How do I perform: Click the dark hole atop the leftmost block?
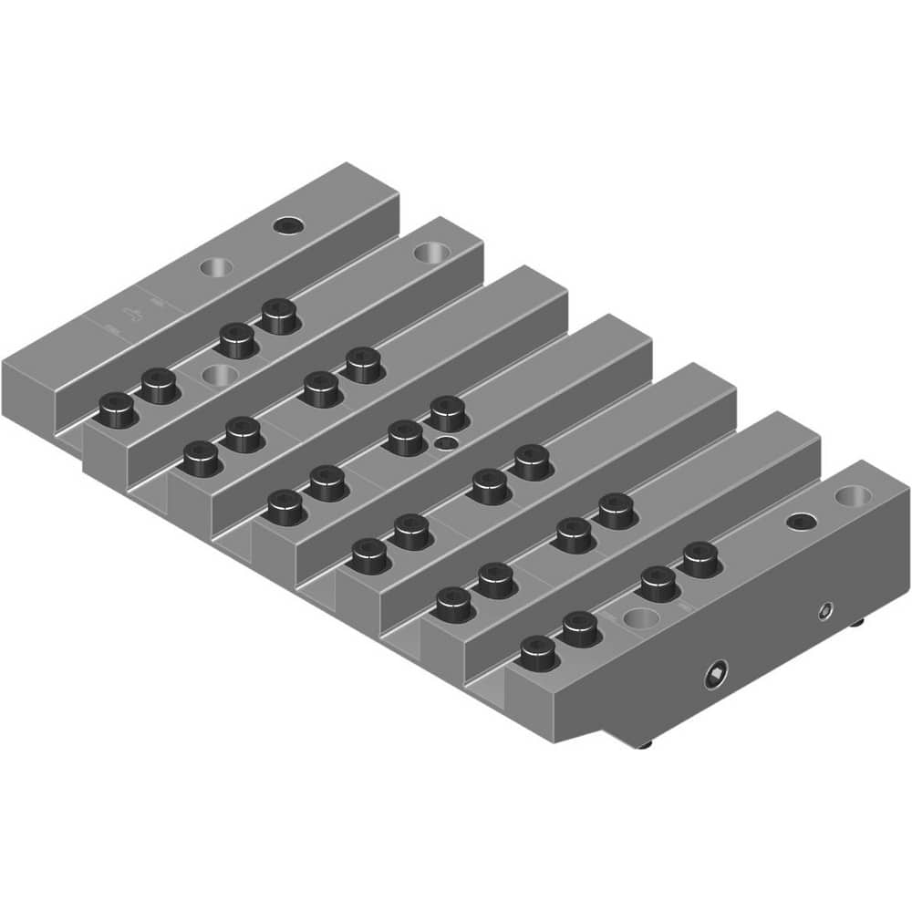289,224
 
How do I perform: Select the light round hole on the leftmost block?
216,266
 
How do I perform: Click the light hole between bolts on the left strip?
215,374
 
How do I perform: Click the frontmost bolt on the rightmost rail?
537,653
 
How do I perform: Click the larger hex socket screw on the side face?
716,676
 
